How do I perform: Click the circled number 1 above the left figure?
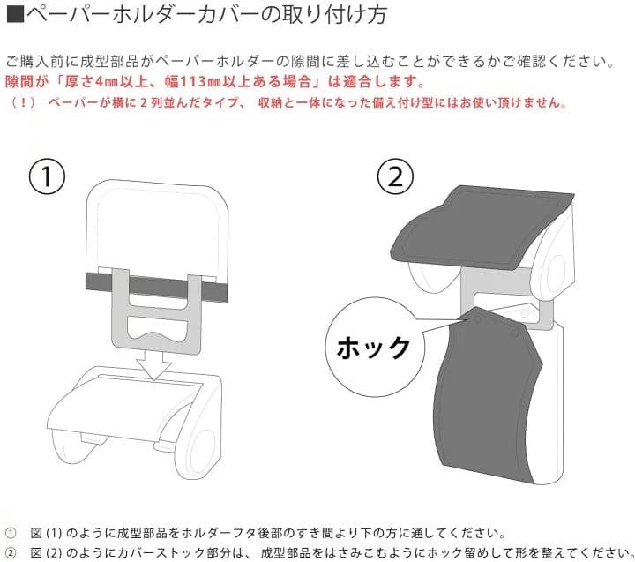(46, 176)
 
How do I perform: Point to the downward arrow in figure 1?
(154, 363)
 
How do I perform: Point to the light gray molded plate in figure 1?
(154, 318)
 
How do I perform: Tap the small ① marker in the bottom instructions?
(11, 533)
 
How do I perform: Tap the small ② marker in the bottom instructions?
(11, 552)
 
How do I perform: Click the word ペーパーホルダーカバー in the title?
(115, 17)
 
